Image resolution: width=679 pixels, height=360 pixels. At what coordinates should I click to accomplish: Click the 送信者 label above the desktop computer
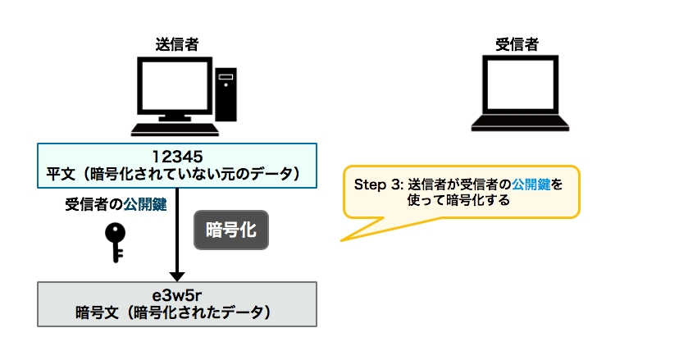tap(176, 44)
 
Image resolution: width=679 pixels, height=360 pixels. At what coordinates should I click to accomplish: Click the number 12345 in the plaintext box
tap(177, 156)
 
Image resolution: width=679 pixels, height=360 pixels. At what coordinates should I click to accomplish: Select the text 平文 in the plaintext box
tap(62, 174)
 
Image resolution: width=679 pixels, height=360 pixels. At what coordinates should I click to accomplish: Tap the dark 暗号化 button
tap(231, 231)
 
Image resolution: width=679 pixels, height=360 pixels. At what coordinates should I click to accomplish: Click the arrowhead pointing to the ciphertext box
tap(177, 276)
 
